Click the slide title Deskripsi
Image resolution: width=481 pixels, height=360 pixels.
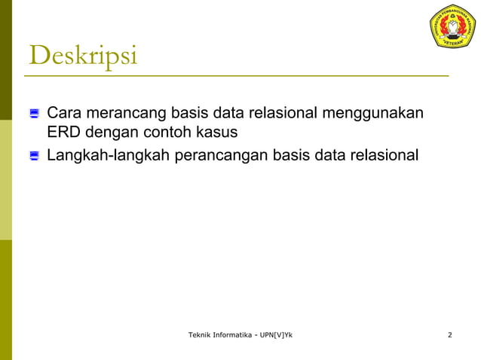coord(83,56)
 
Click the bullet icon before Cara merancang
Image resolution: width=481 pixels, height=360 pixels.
coord(34,114)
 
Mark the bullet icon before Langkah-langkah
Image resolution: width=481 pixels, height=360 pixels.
coord(34,157)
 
